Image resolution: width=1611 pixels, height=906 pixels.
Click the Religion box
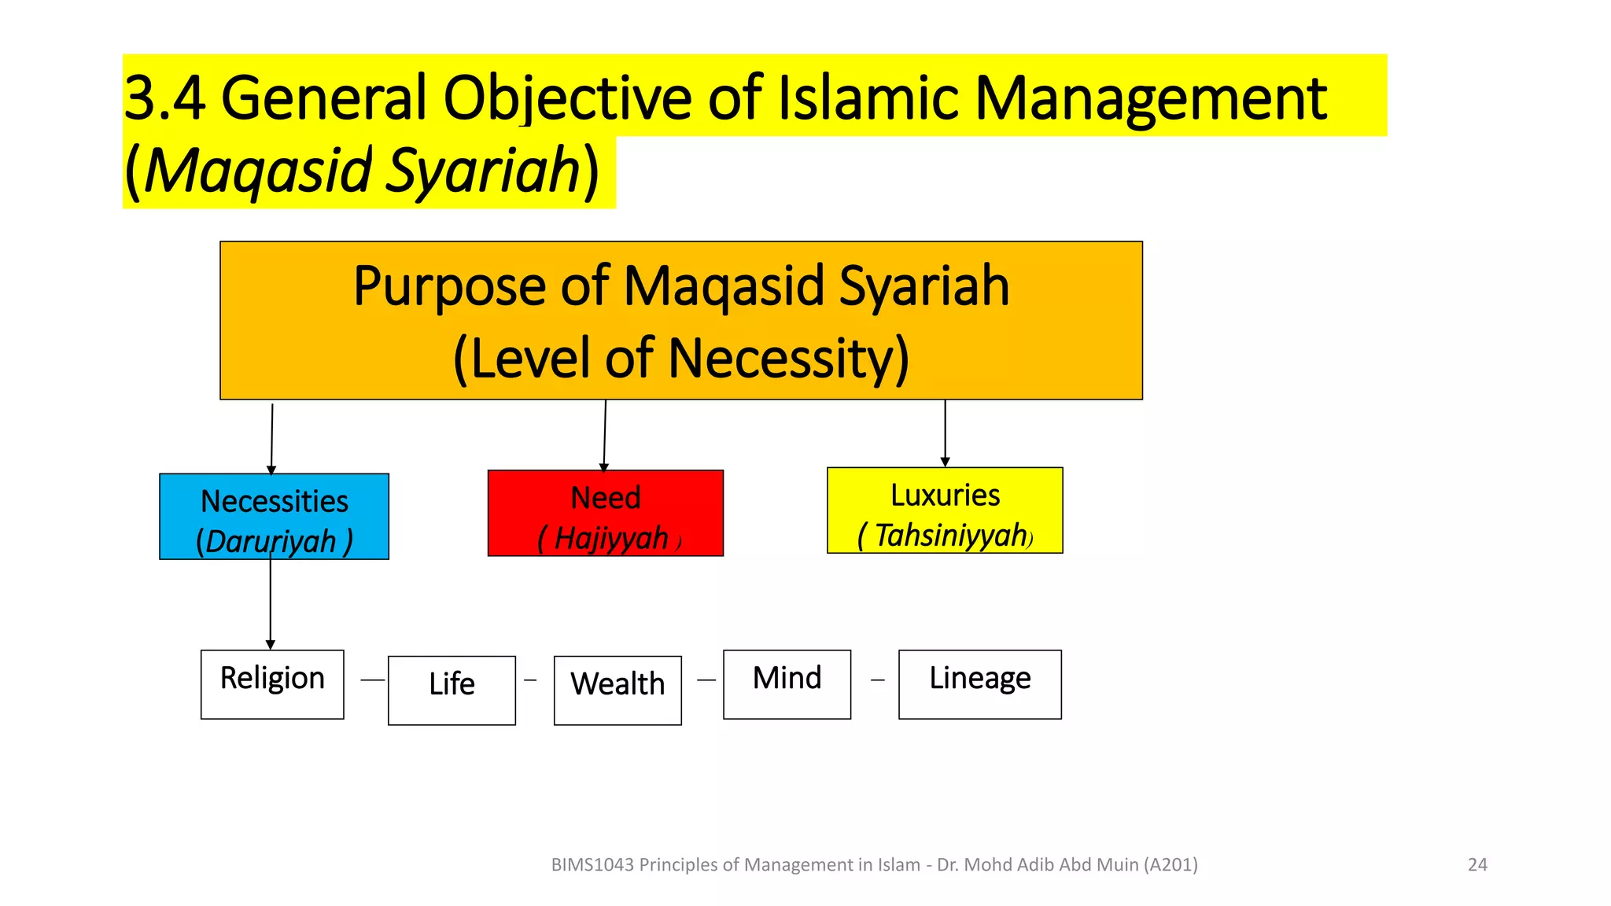(x=272, y=683)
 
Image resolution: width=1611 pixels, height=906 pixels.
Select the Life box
(x=452, y=690)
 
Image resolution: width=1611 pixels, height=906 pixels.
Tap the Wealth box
(x=617, y=690)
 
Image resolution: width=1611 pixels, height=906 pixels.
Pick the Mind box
(x=787, y=683)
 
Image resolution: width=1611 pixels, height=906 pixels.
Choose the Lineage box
(x=979, y=683)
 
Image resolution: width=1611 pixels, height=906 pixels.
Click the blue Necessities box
(x=274, y=516)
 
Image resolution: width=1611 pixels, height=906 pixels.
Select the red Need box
(x=605, y=513)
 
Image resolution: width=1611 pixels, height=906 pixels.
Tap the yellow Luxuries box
(x=945, y=510)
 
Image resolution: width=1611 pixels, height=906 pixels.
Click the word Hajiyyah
(x=611, y=539)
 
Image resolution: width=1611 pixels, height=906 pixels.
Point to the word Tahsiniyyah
(x=950, y=536)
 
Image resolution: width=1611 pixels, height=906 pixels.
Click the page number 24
(x=1477, y=864)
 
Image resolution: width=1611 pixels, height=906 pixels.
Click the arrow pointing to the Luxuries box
(x=945, y=433)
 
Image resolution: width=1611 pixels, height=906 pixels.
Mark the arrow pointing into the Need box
(x=605, y=435)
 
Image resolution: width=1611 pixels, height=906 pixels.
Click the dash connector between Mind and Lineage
(x=878, y=680)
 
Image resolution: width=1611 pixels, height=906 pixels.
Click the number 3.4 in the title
(x=164, y=98)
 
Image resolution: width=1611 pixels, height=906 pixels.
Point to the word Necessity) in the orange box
(x=789, y=359)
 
